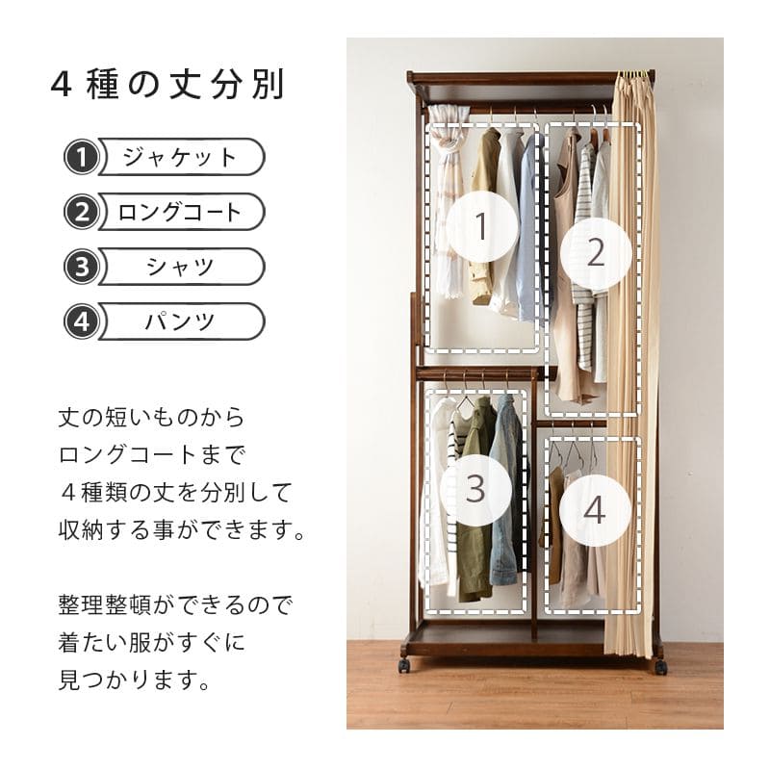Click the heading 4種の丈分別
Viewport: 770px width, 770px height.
click(167, 86)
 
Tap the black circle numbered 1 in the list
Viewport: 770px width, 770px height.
click(82, 158)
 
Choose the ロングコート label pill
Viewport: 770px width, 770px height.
click(182, 212)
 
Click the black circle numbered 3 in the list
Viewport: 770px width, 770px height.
click(82, 268)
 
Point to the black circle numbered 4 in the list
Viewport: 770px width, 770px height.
click(82, 322)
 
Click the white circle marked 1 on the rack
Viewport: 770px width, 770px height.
click(482, 226)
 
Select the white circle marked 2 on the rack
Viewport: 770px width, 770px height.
click(596, 252)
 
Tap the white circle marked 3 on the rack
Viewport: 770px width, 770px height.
click(475, 489)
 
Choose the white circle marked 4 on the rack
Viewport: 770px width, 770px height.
click(595, 511)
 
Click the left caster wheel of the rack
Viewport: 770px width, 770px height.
click(404, 665)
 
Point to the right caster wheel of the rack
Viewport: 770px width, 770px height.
click(660, 666)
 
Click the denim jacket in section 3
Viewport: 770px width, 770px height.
click(506, 491)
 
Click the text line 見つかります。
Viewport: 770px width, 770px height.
click(134, 680)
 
